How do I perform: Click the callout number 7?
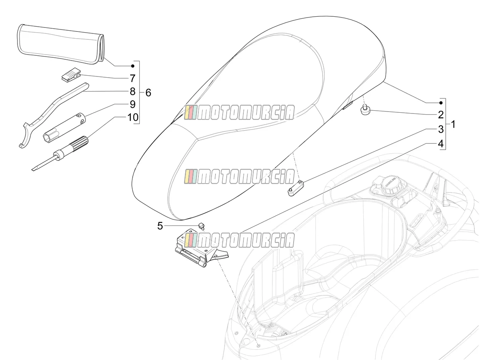[x=133, y=78]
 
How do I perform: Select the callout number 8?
[x=133, y=91]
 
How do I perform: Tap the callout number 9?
[x=133, y=104]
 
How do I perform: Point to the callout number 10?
[x=133, y=117]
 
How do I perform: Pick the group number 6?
[x=148, y=93]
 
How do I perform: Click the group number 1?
[x=453, y=124]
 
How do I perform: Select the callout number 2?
[x=441, y=115]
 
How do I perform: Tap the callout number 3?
[x=441, y=129]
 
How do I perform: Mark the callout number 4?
[x=441, y=144]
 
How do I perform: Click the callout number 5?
[x=160, y=226]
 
